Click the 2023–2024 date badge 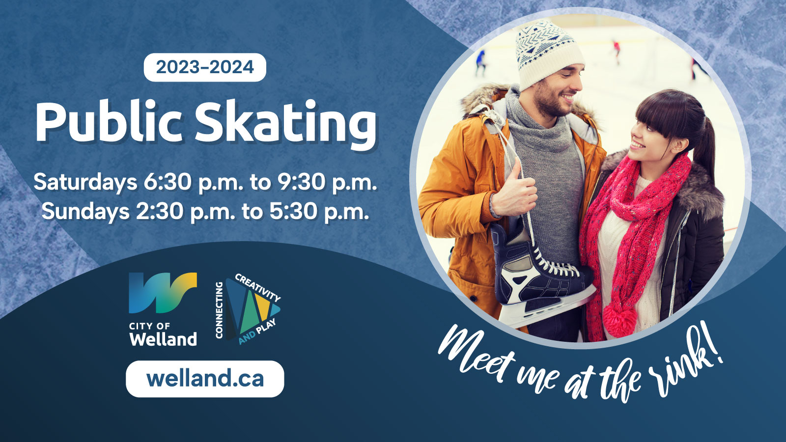(205, 67)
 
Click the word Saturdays (85, 182)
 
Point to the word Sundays (85, 212)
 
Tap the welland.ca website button (205, 379)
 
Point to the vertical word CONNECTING (219, 310)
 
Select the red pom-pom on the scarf (619, 320)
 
